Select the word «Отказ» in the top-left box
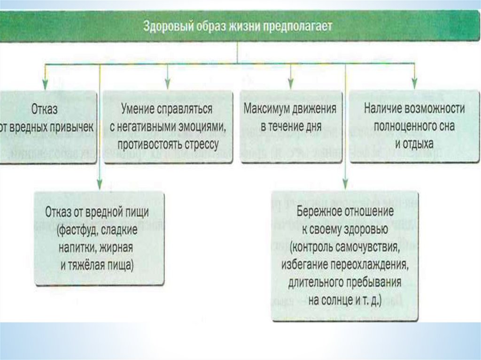pos(44,110)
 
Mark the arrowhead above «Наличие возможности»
pos(414,84)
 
